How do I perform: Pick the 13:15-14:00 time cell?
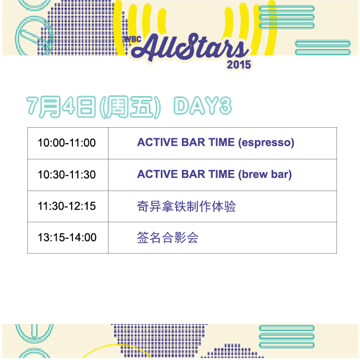coord(67,238)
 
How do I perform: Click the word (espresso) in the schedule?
coord(266,143)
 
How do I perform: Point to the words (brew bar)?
coord(265,175)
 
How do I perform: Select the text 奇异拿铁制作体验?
coord(186,206)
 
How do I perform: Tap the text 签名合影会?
coord(168,238)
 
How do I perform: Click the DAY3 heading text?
coord(203,106)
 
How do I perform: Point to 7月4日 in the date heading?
coord(61,107)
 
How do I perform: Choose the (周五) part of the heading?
coord(130,107)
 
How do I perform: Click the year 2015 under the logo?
coord(239,65)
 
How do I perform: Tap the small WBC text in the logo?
coord(132,39)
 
